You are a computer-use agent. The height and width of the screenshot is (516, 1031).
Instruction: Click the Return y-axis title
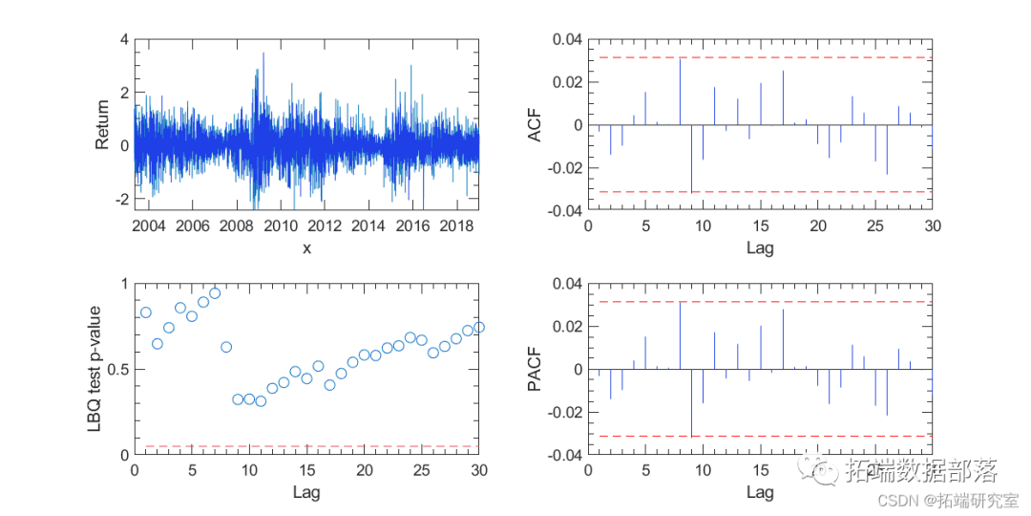[102, 124]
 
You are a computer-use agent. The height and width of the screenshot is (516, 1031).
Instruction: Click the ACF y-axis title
[537, 124]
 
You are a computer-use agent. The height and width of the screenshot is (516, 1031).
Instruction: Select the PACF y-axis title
[537, 369]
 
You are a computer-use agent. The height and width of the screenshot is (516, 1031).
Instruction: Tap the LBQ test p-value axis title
[95, 369]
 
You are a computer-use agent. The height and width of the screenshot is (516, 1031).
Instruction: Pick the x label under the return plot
[306, 247]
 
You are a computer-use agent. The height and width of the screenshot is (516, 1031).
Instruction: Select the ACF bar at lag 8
[680, 92]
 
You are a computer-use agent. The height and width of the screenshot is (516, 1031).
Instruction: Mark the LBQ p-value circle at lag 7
[215, 293]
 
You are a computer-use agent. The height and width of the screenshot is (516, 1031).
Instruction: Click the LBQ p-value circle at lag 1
[146, 312]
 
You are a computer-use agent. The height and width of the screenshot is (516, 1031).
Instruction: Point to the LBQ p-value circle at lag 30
[478, 327]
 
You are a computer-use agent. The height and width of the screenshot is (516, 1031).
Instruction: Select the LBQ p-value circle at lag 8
[226, 347]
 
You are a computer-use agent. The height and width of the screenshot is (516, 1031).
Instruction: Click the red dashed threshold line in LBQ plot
[306, 446]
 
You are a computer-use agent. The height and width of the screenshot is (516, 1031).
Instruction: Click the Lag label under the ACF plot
[760, 247]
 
